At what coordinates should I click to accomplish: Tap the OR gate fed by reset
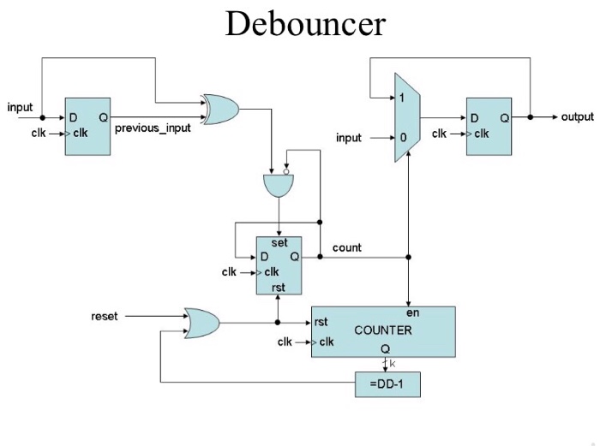point(201,322)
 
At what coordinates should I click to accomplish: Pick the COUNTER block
point(382,330)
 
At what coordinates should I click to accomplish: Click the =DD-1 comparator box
point(387,385)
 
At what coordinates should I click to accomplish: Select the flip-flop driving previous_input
point(88,127)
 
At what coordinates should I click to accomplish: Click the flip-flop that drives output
point(488,127)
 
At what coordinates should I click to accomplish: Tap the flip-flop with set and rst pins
point(279,265)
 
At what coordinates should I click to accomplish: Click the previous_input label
point(153,128)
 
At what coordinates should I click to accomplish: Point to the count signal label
point(347,247)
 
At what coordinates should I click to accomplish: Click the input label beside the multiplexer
point(349,138)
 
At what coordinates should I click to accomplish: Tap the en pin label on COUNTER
point(412,313)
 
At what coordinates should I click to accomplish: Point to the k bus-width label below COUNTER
point(393,363)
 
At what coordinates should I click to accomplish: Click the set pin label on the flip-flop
point(279,243)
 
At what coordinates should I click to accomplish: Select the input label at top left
point(20,107)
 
